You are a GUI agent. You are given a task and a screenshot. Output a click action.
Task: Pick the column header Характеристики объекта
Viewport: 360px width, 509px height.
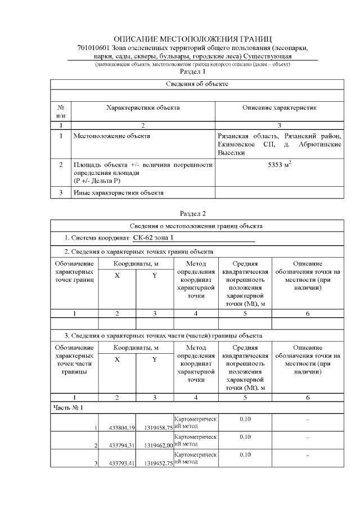tap(143, 107)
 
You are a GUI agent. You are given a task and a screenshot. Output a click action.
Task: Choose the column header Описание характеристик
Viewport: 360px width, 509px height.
tap(280, 107)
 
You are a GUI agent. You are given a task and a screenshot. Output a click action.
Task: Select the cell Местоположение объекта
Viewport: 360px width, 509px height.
tap(112, 136)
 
